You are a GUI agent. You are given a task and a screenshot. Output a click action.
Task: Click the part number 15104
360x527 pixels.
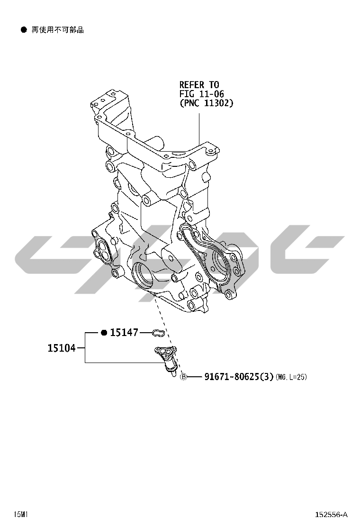[x=62, y=348]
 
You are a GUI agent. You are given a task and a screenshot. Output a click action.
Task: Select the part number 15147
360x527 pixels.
[x=124, y=332]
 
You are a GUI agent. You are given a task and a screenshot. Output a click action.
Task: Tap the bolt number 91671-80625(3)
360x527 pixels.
[x=239, y=377]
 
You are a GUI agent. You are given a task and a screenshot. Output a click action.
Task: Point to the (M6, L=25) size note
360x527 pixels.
[x=291, y=377]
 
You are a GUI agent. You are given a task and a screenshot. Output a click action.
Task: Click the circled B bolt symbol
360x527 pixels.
[x=183, y=377]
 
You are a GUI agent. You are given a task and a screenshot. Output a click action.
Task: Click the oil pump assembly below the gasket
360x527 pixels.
[x=167, y=360]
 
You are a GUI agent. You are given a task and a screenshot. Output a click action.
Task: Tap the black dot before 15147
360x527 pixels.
[x=104, y=333]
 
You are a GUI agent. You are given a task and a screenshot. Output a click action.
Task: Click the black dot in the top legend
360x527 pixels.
[x=24, y=30]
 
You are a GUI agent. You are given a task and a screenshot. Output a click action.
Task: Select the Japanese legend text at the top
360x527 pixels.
[x=57, y=30]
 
